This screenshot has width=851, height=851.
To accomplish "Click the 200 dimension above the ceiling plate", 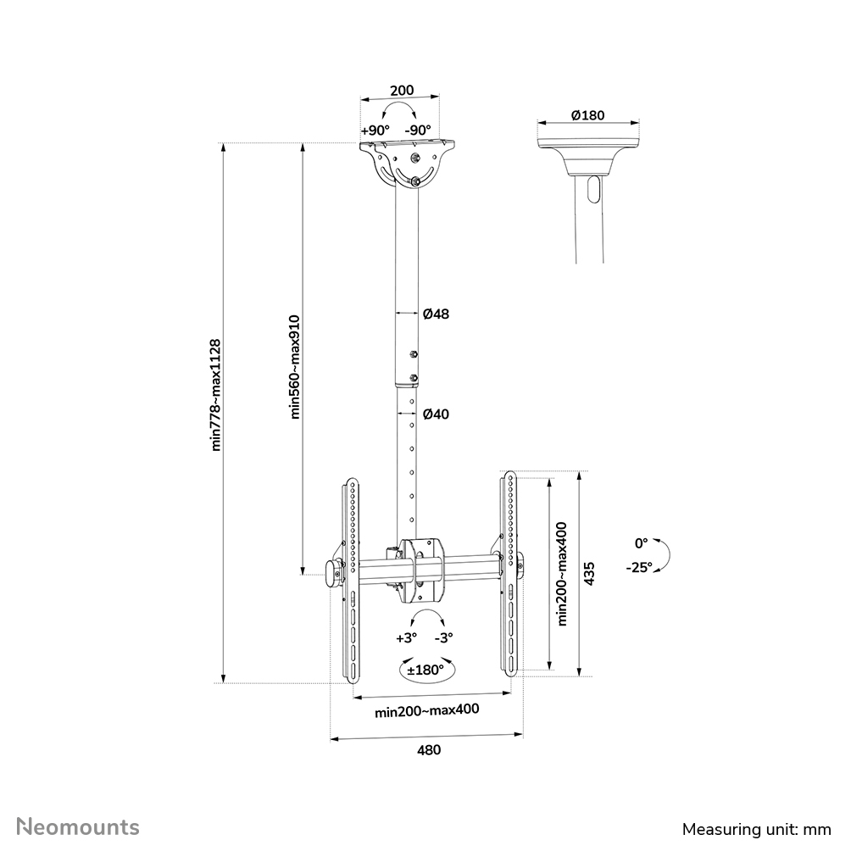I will (x=401, y=91).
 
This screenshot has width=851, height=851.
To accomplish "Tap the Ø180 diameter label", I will (x=587, y=115).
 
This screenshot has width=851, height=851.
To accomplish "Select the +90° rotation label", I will (x=375, y=131).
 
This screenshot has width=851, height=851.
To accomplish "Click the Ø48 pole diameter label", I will (x=437, y=314).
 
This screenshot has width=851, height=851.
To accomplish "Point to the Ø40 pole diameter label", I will (x=437, y=414).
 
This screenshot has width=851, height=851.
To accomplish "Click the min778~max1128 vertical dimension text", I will (x=216, y=395).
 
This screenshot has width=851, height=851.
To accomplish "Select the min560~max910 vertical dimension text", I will (x=295, y=366).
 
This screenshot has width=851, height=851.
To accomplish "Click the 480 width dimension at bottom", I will (x=427, y=749).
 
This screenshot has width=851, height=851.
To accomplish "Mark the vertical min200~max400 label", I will (x=562, y=573).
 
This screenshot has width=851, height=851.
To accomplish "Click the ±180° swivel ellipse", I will (x=425, y=670).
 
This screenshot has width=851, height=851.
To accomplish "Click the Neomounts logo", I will (x=79, y=826).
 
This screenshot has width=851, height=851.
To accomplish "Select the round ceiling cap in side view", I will (x=587, y=152).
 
